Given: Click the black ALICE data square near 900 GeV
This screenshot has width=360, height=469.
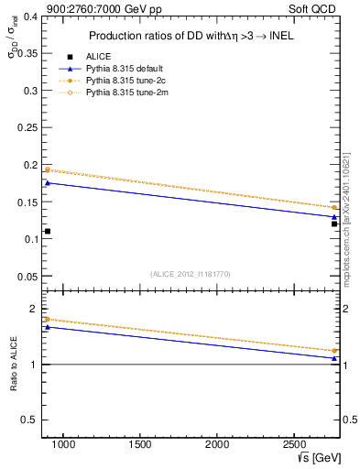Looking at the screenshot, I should [x=48, y=231].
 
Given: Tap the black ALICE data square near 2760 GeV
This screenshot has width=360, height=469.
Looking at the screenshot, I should [x=334, y=224].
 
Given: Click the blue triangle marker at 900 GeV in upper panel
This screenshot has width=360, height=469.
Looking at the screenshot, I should [x=48, y=183].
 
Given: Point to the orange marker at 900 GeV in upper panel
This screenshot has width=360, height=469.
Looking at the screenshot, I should [x=48, y=169].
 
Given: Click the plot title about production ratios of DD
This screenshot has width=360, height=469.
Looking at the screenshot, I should [x=191, y=36].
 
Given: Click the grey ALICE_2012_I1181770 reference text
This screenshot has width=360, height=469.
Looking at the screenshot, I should [x=191, y=273].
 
